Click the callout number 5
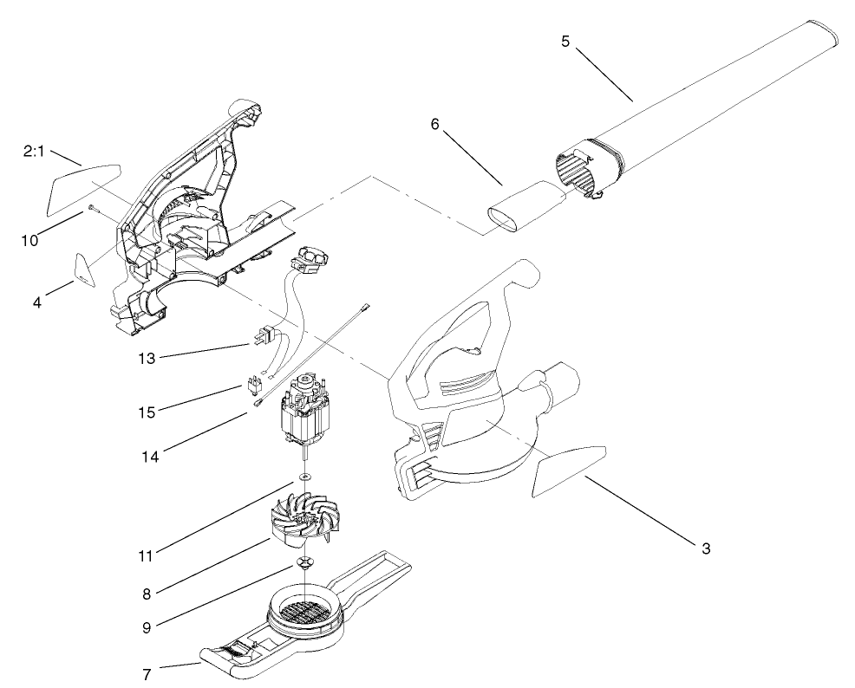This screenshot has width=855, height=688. (565, 41)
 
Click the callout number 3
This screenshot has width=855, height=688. (706, 548)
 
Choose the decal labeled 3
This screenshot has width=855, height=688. (565, 471)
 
